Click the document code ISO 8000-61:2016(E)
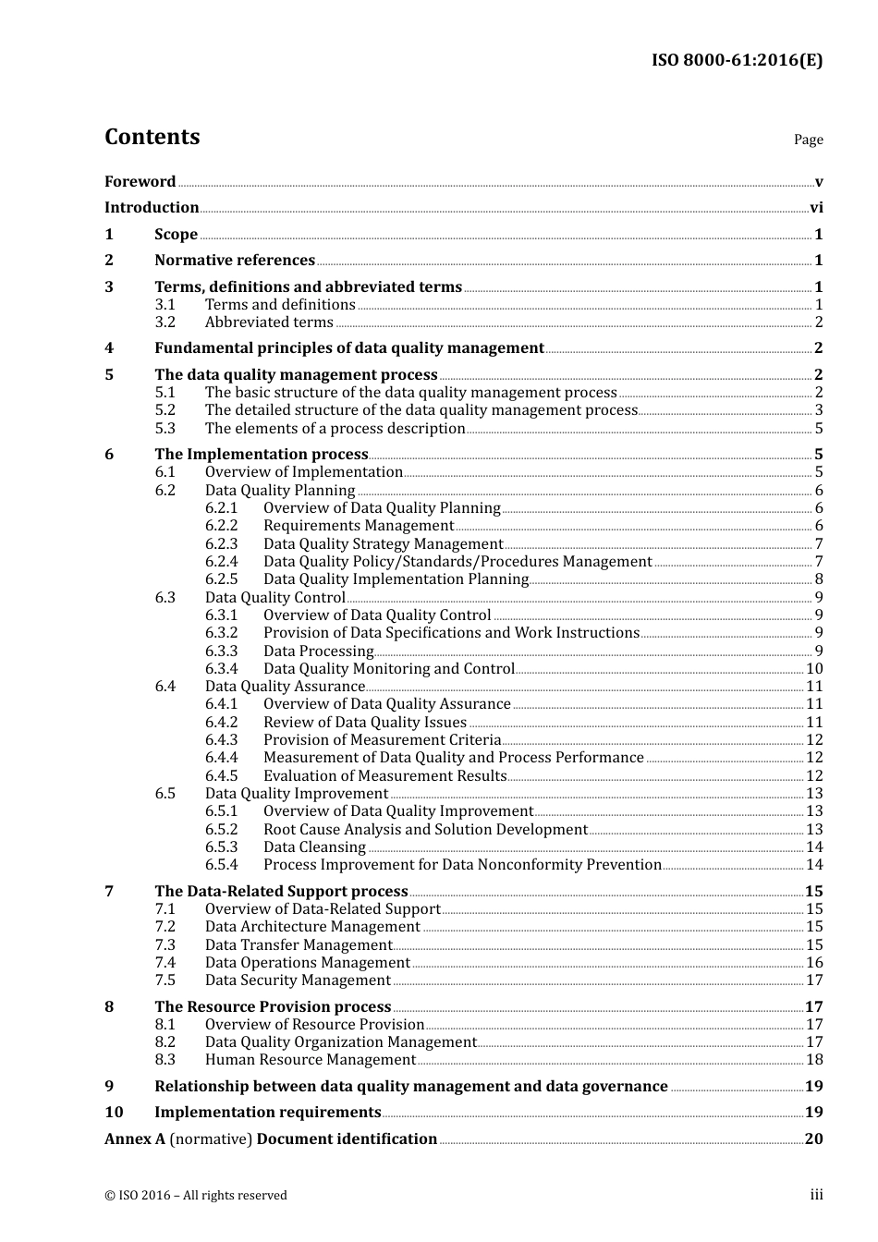[737, 60]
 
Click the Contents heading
[152, 137]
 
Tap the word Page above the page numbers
[808, 140]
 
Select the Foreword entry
[140, 182]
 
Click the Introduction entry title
[152, 208]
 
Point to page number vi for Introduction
[816, 208]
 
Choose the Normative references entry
[235, 261]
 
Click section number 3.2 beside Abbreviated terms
[165, 323]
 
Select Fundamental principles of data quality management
[349, 348]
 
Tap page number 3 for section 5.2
[819, 410]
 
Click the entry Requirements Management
[359, 526]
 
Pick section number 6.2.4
[222, 562]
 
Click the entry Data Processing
[318, 651]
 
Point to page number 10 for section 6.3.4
[814, 669]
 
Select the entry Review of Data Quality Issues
[365, 723]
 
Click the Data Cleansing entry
[314, 847]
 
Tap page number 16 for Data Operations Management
[814, 963]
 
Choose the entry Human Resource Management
[311, 1060]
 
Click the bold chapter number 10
[114, 1113]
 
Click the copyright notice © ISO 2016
[196, 1196]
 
